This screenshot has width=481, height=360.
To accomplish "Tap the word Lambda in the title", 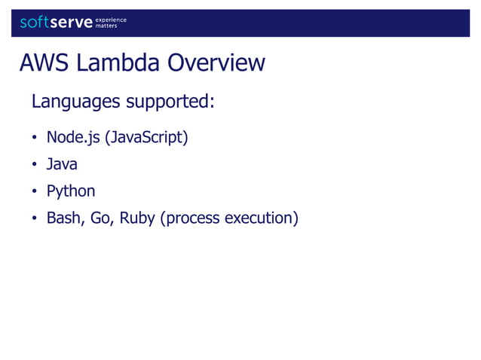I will click(x=115, y=63).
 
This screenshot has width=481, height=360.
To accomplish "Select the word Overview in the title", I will click(x=216, y=63).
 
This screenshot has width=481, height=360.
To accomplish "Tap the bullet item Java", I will click(x=62, y=164).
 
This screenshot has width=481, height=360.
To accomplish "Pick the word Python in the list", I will click(x=71, y=191).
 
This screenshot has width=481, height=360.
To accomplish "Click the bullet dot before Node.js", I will click(x=34, y=139).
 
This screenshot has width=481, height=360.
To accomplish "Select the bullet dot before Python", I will click(x=34, y=192).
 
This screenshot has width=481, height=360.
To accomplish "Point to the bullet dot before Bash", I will click(x=34, y=219).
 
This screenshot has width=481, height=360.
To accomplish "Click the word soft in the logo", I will click(x=34, y=23).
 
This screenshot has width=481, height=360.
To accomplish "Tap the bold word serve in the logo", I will click(x=71, y=23).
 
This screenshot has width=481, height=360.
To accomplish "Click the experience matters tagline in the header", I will click(x=111, y=23).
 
